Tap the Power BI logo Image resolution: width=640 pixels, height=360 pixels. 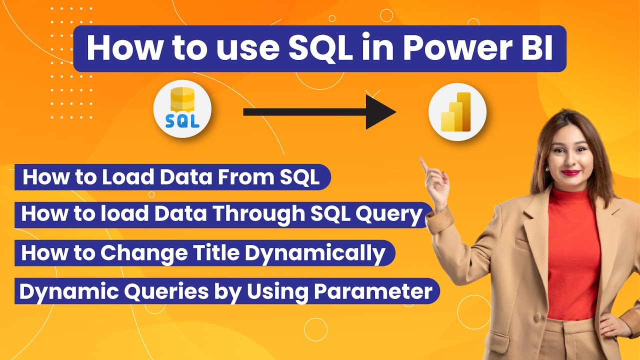point(457,111)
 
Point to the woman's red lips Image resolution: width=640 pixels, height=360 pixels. point(570,172)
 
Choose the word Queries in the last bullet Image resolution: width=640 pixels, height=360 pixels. point(140,291)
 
